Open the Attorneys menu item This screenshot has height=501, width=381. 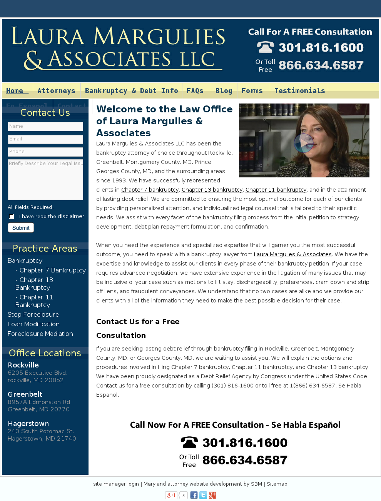coord(56,91)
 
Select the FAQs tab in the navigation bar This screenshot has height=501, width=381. coord(195,91)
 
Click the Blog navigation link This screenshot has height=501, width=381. coord(224,91)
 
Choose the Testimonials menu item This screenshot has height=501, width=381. coord(299,91)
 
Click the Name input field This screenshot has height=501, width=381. coord(45,127)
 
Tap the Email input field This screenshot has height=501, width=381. coord(45,139)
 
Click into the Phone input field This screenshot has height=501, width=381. coord(45,152)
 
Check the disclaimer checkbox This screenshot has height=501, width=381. coord(12,217)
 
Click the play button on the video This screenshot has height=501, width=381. coord(304,143)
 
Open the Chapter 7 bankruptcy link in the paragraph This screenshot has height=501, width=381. coord(150,190)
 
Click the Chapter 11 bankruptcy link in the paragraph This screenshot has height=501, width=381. coord(276,190)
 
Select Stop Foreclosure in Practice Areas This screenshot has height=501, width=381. coord(33,315)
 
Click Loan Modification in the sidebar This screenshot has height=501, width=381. coord(33,324)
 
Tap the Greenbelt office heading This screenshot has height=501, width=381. coord(25,394)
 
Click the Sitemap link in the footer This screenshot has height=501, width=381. coord(277,484)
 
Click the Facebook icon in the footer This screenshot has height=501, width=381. coord(194,495)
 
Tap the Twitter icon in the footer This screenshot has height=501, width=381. coord(203,495)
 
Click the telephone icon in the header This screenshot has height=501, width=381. coord(265,47)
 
